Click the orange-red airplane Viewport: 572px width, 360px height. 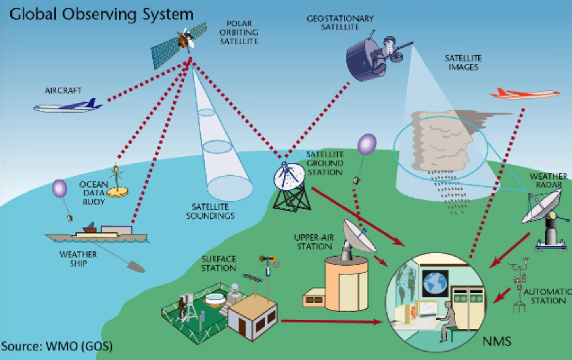524,94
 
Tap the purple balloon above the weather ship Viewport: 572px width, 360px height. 59,188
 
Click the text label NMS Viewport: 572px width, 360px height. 497,341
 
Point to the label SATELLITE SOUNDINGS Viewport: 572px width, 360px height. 210,211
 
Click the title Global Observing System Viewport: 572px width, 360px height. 101,15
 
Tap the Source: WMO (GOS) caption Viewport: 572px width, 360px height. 57,346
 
